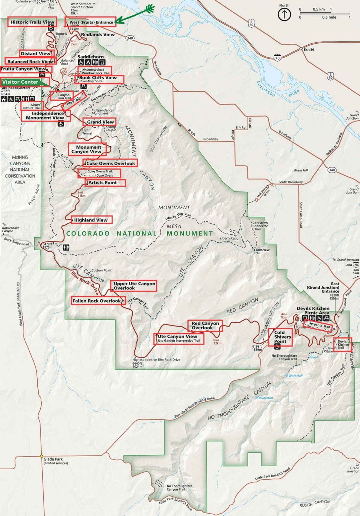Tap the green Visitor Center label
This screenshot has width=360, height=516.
(20, 82)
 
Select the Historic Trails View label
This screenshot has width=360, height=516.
(32, 22)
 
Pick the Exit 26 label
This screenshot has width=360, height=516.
(309, 50)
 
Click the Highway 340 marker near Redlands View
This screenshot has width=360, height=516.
(130, 38)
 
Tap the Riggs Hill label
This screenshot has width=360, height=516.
(301, 170)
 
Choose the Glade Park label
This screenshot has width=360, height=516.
(53, 459)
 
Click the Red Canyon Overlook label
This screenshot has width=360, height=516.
(205, 326)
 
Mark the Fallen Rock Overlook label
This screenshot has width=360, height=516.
(96, 301)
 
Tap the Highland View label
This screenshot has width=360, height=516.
(91, 220)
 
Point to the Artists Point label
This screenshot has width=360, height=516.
(103, 183)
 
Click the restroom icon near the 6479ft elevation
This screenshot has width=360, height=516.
(66, 247)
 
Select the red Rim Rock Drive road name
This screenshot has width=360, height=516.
(85, 283)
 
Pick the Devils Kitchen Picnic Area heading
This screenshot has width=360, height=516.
(313, 310)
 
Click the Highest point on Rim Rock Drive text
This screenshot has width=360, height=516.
(156, 359)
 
